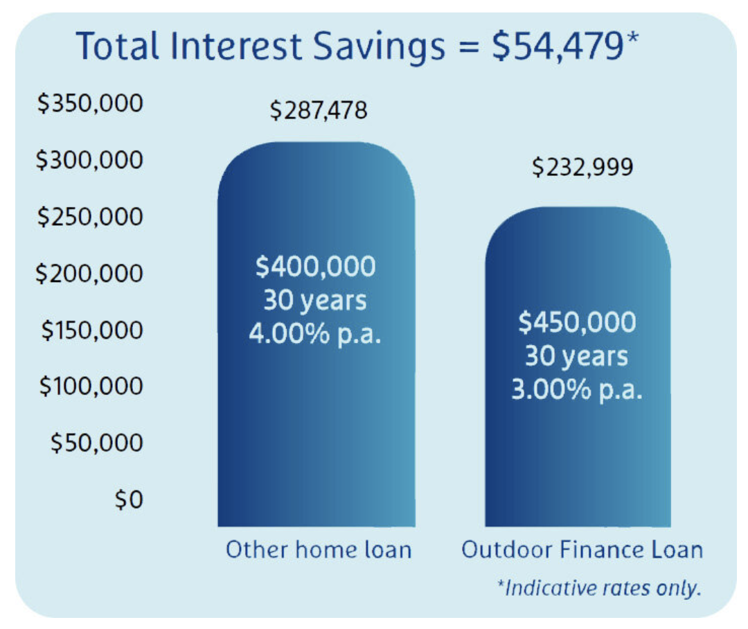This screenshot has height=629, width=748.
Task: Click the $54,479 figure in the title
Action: coord(565,46)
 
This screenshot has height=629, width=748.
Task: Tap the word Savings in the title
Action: coord(380,48)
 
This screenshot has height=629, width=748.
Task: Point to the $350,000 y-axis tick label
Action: coord(90,103)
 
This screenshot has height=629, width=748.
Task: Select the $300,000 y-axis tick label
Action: coord(89,159)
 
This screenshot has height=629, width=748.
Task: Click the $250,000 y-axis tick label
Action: coord(90,216)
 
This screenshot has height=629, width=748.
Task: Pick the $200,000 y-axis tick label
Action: coord(89,273)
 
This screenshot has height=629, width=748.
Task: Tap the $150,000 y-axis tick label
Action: coord(92,330)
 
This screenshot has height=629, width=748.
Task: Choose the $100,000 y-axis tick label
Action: coord(91,386)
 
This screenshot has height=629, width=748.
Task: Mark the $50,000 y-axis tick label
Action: coord(97,443)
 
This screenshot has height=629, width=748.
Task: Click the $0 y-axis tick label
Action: coord(129,499)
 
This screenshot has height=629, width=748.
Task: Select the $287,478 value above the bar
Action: coord(319,110)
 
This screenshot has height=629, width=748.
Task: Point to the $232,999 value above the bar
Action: coord(582,167)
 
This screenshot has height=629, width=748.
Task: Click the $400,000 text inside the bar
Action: coord(315,266)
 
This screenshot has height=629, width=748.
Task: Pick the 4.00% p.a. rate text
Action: coord(315,333)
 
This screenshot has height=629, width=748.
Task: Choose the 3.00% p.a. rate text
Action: coord(577,389)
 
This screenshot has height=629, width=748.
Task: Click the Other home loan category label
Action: coord(319,549)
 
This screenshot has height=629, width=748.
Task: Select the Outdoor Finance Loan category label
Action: coord(582,549)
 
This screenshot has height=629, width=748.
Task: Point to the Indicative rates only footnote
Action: coord(599,588)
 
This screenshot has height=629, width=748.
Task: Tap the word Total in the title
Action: coord(117,46)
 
